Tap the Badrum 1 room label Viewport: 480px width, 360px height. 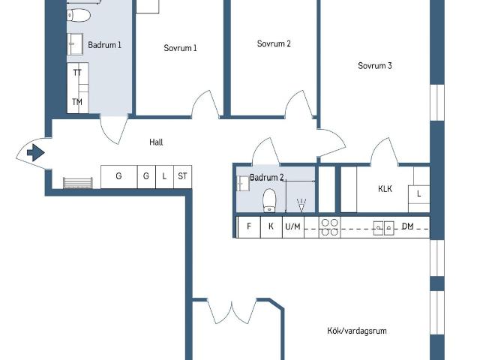104,45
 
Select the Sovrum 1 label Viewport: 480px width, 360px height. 180,48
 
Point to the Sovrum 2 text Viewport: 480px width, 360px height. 274,43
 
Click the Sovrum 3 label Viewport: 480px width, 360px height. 375,66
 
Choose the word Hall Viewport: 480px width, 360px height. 156,142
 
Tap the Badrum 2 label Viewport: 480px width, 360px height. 267,178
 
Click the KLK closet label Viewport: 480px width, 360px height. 385,189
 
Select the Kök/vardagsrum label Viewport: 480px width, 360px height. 357,330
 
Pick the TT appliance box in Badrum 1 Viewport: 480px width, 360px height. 77,73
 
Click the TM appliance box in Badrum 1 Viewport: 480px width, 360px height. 77,101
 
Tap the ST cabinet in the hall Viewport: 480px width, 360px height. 182,176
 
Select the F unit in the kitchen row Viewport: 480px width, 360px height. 248,226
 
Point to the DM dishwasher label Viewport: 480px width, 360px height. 408,226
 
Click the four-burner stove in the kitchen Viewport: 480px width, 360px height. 329,227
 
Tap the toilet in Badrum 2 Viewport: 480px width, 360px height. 270,199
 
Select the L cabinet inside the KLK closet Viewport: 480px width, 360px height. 419,193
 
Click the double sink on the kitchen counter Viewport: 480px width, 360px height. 385,227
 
